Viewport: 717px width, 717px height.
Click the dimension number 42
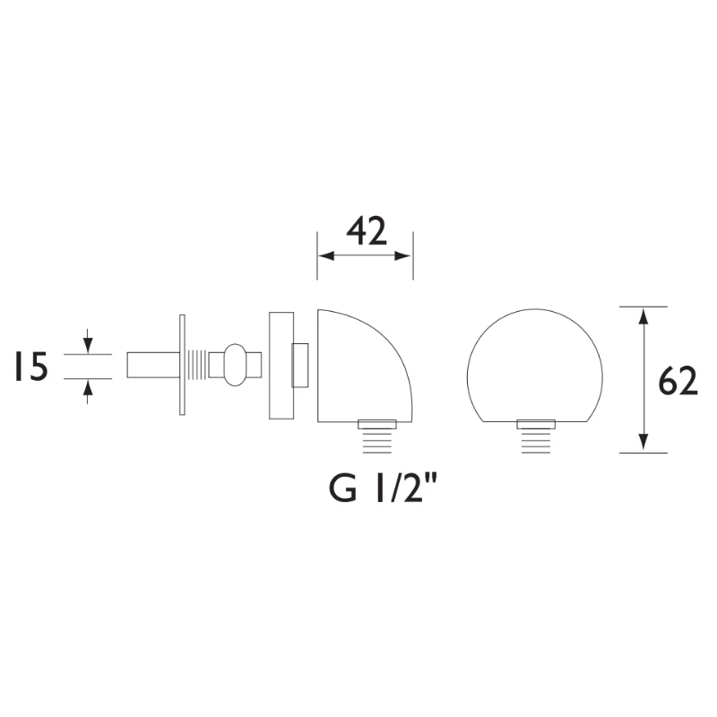(x=366, y=231)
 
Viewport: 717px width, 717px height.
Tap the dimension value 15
(x=30, y=367)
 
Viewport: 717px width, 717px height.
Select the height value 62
(x=678, y=381)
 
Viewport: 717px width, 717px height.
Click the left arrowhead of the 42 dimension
(x=325, y=256)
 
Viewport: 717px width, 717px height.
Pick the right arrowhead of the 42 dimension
(x=405, y=256)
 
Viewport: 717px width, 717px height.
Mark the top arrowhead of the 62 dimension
(x=643, y=315)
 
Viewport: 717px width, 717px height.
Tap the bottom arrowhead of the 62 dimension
(x=643, y=444)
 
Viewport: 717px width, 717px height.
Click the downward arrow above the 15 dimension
(x=87, y=345)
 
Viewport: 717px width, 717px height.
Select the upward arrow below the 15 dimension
(x=87, y=387)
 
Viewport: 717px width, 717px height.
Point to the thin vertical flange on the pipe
(x=182, y=365)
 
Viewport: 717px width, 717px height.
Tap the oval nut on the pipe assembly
(x=235, y=365)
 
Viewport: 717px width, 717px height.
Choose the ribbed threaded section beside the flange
(x=197, y=365)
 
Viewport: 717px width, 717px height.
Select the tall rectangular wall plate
(x=281, y=366)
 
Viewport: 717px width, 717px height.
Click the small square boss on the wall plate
(x=300, y=365)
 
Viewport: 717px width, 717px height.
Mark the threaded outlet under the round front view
(x=538, y=436)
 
